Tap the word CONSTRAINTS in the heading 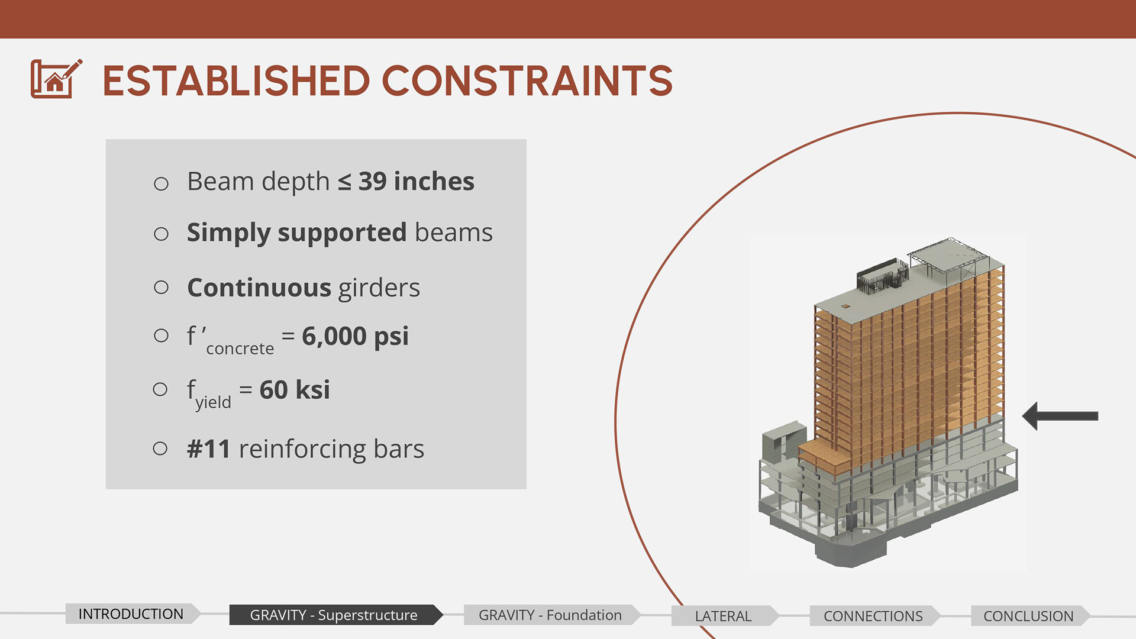528,81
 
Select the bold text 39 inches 417,181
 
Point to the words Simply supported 297,233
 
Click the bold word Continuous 259,288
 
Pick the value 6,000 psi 355,337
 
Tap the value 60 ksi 295,390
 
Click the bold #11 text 208,449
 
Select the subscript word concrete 240,349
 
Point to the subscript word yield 213,402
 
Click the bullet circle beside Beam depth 161,183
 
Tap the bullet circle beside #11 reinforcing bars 160,448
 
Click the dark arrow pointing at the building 1060,416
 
